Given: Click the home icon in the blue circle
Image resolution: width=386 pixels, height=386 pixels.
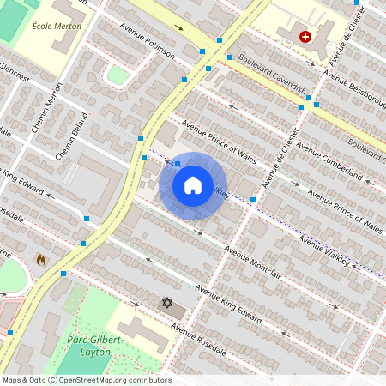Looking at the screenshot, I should click(192, 185).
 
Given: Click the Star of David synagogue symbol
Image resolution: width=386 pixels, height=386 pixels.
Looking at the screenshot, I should click(167, 303).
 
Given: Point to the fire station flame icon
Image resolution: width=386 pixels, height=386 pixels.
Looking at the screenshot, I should click(40, 258).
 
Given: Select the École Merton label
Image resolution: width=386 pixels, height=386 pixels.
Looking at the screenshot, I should click(57, 26).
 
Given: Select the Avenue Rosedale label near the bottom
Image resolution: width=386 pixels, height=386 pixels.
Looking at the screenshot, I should click(198, 339).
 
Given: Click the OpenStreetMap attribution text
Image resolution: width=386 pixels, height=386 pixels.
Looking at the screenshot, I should click(87, 380).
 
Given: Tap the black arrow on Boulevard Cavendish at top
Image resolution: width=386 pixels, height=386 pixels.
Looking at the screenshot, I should click(179, 27).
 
